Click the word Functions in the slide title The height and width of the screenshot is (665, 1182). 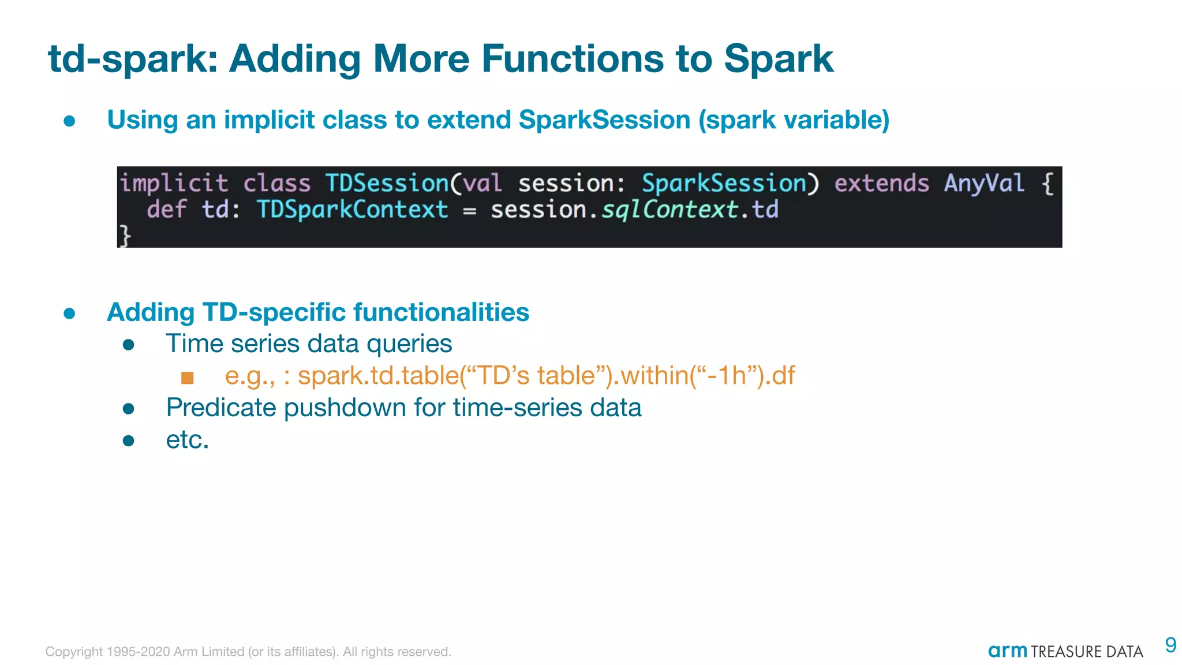pos(572,59)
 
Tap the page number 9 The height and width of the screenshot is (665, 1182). pos(1170,645)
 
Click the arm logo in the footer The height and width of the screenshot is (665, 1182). pos(1007,651)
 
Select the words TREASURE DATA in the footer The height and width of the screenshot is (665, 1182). pos(1086,652)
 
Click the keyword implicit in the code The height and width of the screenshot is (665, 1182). pos(174,184)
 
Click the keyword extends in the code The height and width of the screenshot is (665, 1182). pos(881,184)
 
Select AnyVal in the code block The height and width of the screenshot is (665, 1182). pos(984,184)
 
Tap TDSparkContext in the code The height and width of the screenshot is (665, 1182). pos(352,210)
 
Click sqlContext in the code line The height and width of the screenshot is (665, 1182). pos(669,210)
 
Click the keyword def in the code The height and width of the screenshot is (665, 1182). pos(166,210)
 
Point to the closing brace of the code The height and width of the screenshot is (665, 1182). pos(125,236)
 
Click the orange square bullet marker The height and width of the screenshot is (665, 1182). pos(187,378)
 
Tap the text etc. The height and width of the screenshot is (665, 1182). pos(187,440)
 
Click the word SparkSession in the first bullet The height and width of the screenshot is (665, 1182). pos(604,120)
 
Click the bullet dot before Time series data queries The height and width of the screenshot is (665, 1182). pos(129,345)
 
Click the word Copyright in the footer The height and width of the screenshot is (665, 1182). pos(74,652)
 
